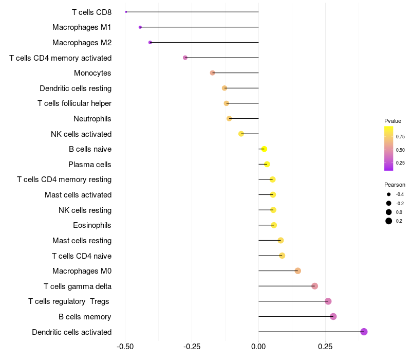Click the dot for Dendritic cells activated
364,332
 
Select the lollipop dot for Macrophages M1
140,27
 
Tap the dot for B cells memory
333,316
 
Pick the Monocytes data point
212,73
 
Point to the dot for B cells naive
264,149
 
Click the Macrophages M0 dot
297,271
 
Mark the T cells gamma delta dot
314,286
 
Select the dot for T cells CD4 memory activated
185,58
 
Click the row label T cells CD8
91,12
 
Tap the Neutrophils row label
92,119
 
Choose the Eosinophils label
92,225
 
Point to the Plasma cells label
90,165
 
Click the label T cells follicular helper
74,103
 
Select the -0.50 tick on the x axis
125,347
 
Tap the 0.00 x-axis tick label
258,347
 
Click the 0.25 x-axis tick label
325,347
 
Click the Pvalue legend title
393,121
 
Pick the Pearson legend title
395,185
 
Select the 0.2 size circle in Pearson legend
389,221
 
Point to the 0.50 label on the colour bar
400,150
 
